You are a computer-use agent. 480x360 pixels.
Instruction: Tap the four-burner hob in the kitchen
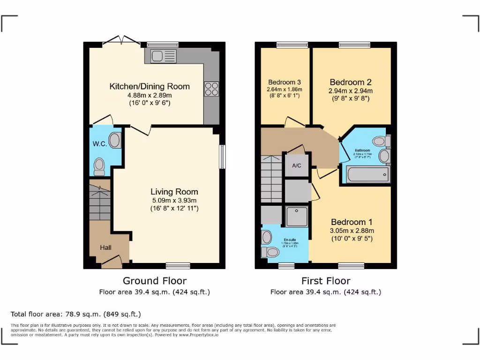click(211, 89)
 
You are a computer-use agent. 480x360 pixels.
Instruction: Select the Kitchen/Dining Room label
click(150, 86)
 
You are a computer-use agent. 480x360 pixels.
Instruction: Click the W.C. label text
click(99, 144)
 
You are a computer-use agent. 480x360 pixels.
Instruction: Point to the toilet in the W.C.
click(99, 166)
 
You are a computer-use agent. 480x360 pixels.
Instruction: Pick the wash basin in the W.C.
click(114, 140)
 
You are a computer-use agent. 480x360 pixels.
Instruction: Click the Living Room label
click(174, 192)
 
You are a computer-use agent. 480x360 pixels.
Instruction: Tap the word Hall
click(105, 247)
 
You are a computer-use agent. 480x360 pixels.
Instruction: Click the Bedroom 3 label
click(285, 82)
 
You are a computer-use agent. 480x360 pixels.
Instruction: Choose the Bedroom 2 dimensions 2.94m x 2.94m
click(351, 91)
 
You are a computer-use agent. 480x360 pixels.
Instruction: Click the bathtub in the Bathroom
click(367, 175)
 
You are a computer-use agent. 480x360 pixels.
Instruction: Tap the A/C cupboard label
click(296, 165)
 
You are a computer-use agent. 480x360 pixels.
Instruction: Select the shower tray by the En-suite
click(297, 216)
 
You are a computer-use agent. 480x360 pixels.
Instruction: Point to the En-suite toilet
click(271, 252)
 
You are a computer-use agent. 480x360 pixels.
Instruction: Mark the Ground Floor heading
click(154, 281)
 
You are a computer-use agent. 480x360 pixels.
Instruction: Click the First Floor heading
click(325, 281)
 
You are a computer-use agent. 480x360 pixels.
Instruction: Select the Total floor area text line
click(76, 314)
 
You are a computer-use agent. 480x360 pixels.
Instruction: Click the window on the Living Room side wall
click(222, 157)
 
